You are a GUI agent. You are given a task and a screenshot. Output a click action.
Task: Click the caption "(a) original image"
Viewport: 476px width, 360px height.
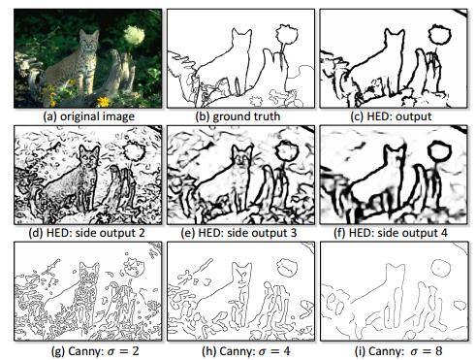pyautogui.click(x=89, y=116)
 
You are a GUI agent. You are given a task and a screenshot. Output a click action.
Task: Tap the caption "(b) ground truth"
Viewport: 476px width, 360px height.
pyautogui.click(x=238, y=116)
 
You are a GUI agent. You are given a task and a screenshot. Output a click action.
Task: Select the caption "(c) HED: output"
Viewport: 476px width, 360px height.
pyautogui.click(x=391, y=116)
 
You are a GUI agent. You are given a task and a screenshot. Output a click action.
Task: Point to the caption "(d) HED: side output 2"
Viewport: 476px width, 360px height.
pyautogui.click(x=86, y=233)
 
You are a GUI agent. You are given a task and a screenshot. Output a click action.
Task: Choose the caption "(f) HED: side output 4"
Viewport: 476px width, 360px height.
pyautogui.click(x=391, y=233)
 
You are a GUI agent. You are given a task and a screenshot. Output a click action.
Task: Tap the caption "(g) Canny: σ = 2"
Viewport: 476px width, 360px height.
pyautogui.click(x=95, y=351)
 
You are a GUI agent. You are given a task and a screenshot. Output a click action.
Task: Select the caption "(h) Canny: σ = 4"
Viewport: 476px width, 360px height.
pyautogui.click(x=246, y=351)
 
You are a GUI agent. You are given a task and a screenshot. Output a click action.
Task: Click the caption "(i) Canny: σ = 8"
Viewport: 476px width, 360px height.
pyautogui.click(x=398, y=351)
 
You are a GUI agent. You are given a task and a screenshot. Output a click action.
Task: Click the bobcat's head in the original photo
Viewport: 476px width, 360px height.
pyautogui.click(x=88, y=40)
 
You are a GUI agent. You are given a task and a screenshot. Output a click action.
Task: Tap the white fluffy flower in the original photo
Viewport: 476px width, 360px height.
pyautogui.click(x=134, y=35)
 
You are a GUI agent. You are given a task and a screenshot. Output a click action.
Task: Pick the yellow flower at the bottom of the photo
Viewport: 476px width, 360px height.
pyautogui.click(x=104, y=101)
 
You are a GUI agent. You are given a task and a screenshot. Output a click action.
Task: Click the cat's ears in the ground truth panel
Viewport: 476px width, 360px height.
pyautogui.click(x=241, y=31)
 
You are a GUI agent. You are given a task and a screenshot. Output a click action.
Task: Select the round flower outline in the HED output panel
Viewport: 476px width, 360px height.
pyautogui.click(x=439, y=35)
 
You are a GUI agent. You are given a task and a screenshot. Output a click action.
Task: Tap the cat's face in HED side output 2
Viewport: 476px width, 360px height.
pyautogui.click(x=89, y=157)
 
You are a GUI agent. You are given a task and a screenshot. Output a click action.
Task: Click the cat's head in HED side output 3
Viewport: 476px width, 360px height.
pyautogui.click(x=242, y=156)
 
